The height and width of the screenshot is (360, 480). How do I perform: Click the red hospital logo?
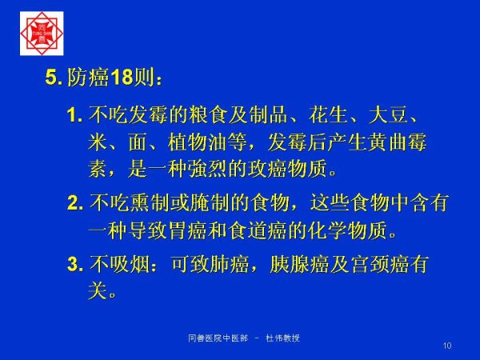pos(42,34)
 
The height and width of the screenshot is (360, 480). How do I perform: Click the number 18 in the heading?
pos(122,77)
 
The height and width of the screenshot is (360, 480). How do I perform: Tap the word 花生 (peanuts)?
pos(329,115)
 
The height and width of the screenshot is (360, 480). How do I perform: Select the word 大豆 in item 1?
pos(388,115)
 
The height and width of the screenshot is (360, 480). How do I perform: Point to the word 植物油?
pos(198,142)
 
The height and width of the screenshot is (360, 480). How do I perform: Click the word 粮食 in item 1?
pos(207,115)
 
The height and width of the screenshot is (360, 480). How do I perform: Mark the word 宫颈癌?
pos(379,264)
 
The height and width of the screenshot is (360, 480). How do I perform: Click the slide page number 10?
pos(447,346)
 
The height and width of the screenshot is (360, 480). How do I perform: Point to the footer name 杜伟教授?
pos(282,338)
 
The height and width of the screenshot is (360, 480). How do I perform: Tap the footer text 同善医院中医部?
pos(218,338)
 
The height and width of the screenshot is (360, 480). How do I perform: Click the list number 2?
pos(75,203)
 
